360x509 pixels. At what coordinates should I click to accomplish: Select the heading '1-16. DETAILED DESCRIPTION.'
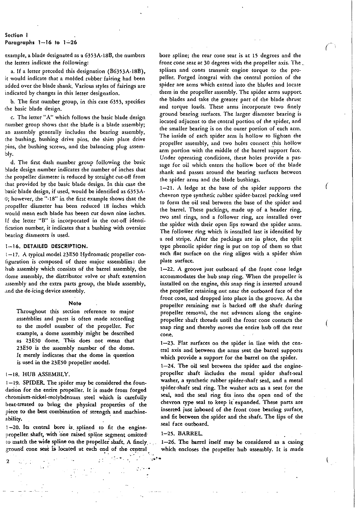point(46,247)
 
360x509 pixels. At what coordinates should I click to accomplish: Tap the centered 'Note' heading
point(75,303)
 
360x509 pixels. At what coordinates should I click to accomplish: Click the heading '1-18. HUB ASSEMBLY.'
point(37,374)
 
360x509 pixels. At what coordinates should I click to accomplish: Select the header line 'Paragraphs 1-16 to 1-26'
point(41,42)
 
